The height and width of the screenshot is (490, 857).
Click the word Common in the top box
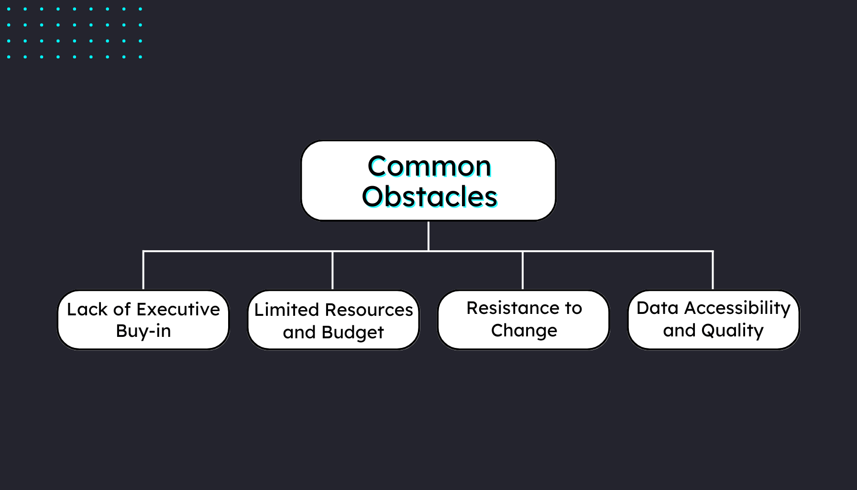429,167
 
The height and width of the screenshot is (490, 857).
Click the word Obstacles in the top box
429,197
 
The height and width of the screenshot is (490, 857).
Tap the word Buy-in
143,331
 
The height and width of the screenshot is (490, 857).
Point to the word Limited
286,310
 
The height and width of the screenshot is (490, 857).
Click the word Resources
369,310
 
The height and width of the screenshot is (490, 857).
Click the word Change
524,331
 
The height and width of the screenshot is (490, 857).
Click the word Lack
87,309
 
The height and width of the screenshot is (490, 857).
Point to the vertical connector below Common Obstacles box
428,235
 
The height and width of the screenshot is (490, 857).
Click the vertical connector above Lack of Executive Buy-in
143,270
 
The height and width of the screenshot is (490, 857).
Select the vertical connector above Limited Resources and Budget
332,270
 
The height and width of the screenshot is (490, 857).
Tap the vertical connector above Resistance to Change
522,270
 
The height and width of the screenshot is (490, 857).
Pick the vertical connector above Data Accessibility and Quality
713,270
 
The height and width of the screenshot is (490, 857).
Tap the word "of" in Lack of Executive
122,309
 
